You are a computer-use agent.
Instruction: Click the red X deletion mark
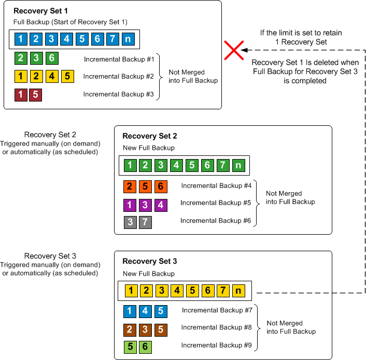234,50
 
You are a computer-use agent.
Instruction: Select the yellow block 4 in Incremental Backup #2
52,77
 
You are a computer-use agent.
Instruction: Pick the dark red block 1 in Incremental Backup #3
20,95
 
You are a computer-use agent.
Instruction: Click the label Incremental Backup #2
119,77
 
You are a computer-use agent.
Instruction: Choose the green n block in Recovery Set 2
238,166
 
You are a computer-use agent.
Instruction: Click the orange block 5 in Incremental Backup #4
145,186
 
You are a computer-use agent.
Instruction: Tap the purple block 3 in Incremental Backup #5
145,205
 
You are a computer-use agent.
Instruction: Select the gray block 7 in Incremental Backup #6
145,222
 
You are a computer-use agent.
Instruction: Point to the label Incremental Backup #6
215,221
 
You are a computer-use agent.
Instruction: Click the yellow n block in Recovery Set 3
238,291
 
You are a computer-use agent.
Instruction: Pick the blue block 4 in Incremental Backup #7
145,312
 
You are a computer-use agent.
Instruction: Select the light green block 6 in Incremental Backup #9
145,347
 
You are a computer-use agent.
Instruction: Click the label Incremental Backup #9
217,345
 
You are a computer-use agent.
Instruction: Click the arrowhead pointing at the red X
243,50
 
